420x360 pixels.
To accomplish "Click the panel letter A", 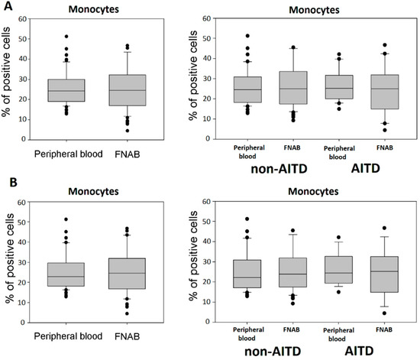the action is click(8, 5).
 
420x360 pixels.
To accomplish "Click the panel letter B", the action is click(14, 182).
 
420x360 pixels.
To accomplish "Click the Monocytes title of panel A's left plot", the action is click(94, 9).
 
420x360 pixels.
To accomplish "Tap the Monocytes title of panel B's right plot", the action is click(313, 191).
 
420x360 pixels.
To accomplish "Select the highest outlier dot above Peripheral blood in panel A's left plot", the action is click(66, 36).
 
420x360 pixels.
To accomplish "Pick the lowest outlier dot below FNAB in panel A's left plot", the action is click(128, 131).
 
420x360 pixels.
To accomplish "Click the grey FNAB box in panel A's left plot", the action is click(128, 90).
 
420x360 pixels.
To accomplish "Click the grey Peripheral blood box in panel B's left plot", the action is click(66, 274).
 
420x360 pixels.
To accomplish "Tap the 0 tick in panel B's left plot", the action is click(23, 323).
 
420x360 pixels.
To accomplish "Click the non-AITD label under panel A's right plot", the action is click(279, 169).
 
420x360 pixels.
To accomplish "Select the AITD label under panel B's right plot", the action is click(359, 351).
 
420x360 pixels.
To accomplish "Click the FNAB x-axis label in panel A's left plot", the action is click(128, 154).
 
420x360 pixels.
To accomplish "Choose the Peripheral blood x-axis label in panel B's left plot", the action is click(68, 336).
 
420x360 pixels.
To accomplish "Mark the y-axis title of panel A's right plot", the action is click(193, 76).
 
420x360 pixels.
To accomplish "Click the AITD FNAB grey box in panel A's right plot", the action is click(385, 92).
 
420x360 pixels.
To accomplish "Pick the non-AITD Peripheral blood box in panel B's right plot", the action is click(247, 274).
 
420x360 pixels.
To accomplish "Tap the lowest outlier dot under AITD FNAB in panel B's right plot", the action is click(384, 313).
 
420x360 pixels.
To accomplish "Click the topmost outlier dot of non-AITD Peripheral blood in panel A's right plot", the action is click(247, 36).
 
